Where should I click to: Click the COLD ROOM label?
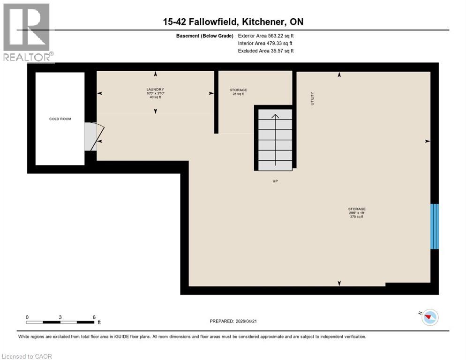click(x=60, y=119)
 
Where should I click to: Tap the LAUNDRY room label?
click(x=155, y=89)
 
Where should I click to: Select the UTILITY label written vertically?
click(x=312, y=98)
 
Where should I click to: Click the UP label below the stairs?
click(x=275, y=180)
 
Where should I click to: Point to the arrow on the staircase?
click(x=275, y=117)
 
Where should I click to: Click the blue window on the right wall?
click(x=435, y=226)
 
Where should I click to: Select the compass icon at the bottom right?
click(x=428, y=318)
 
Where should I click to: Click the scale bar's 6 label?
click(x=94, y=317)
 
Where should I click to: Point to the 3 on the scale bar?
click(x=60, y=317)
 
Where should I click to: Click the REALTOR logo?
click(x=28, y=33)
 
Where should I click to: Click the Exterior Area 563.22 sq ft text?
click(x=266, y=36)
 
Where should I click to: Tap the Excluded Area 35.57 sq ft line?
click(x=266, y=51)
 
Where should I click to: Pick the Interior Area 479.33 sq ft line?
click(x=266, y=43)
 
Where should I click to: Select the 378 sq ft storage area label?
click(x=356, y=217)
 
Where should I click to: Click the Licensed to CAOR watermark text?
click(x=27, y=356)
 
